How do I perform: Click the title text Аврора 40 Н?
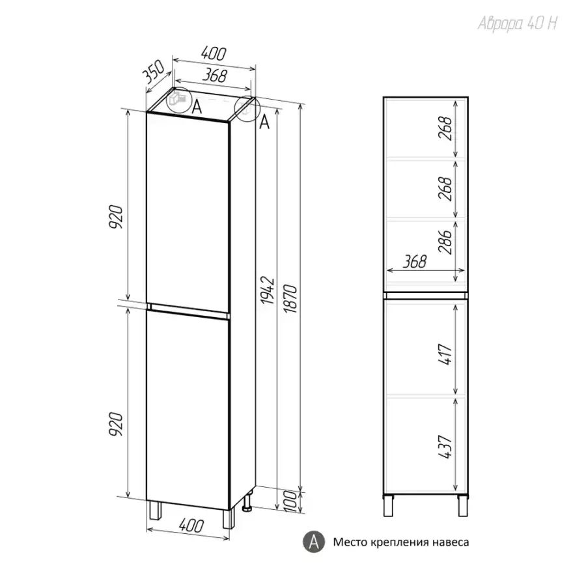518,24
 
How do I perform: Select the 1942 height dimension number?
268,290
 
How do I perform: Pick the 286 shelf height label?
445,242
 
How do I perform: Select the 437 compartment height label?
445,447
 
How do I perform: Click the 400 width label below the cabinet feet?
191,525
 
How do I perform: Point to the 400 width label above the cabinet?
214,53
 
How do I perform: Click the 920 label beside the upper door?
116,217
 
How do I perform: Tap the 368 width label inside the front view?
415,262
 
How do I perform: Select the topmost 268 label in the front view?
445,128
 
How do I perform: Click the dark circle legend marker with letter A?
314,542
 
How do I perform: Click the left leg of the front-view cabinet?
388,506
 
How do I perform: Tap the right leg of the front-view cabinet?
463,506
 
